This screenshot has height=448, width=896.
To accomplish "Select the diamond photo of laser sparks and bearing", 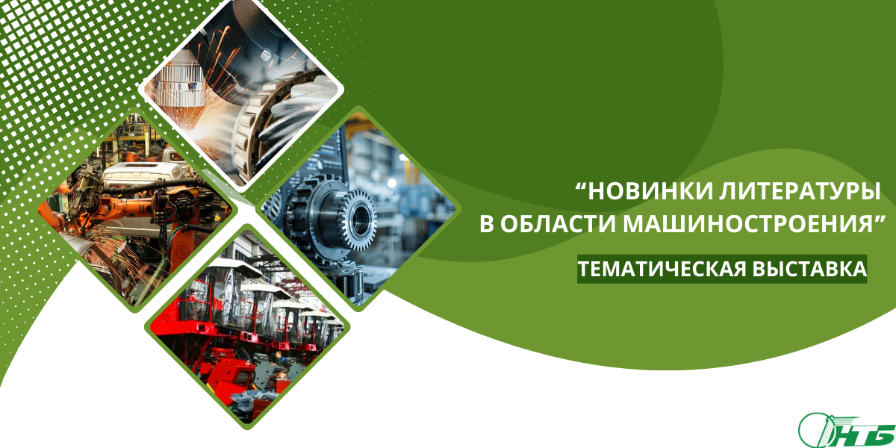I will tap(240, 90).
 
